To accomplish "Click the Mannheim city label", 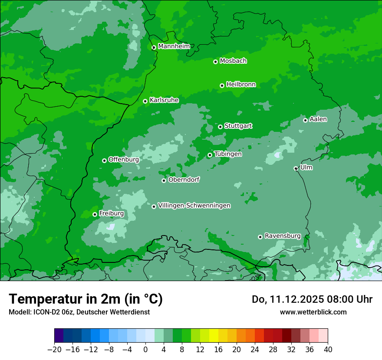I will coord(174,46).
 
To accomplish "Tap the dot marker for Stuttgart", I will coord(220,127).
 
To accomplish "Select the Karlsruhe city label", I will coord(164,100).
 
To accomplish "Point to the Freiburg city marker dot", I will coord(95,214).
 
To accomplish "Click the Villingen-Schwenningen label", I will coord(194,206).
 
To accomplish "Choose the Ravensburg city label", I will coord(283,236).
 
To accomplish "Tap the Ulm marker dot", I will coord(296,168).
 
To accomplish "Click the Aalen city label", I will coord(318,119).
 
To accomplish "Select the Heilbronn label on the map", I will coord(241,85).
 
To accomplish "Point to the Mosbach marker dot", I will coord(215,62).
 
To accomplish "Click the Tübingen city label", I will coord(228,154).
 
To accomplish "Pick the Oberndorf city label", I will coord(184,180).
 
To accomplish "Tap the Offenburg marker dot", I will coord(104,160).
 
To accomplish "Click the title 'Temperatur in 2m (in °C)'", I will coord(86,299).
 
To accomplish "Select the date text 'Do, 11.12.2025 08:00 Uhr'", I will coord(312,299).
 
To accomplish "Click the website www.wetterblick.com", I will coord(313,312).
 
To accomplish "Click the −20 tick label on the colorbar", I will coord(54,350).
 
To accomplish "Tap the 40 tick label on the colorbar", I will coord(328,350).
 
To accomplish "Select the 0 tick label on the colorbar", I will coord(145,350).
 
